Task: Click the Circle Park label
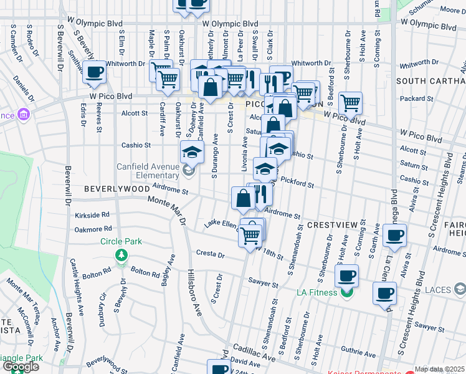tap(121, 241)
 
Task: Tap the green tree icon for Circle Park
tap(121, 255)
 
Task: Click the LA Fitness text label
tap(316, 292)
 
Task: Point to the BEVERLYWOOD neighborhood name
tap(110, 188)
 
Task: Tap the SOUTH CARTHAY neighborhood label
tap(430, 81)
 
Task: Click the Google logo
tap(21, 367)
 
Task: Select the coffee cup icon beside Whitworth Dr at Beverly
tap(94, 73)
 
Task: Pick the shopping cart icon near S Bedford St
tap(351, 103)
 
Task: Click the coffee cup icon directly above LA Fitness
tap(346, 275)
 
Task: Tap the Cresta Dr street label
tap(210, 254)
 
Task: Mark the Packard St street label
tap(412, 98)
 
